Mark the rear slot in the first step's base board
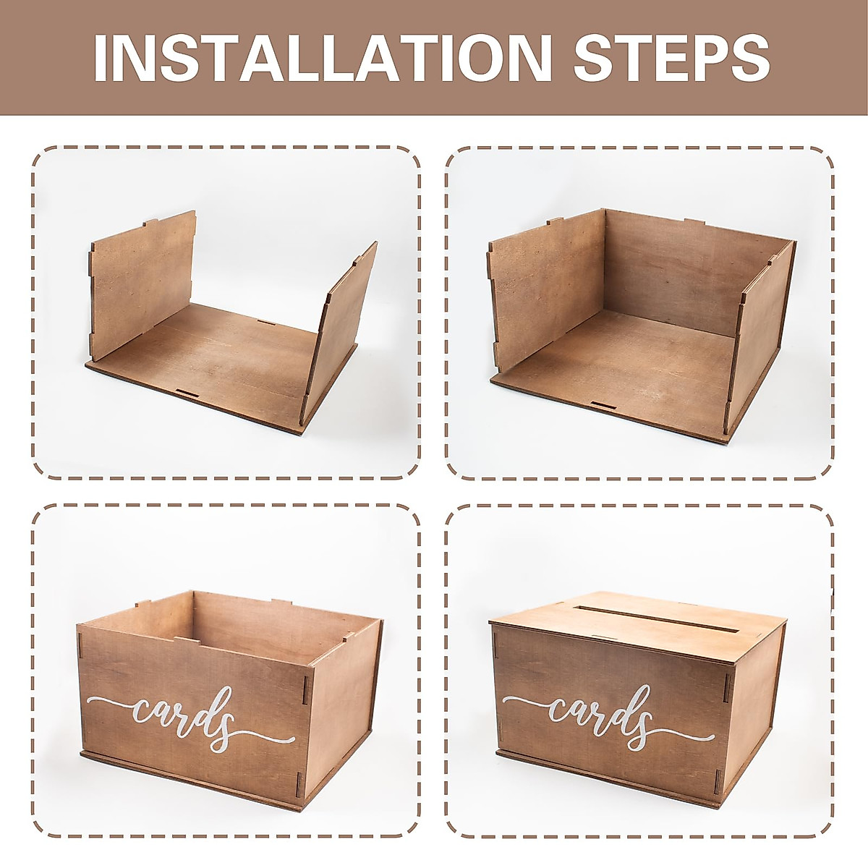click(x=265, y=321)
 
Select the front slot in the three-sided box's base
click(x=602, y=404)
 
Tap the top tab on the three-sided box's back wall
click(x=694, y=222)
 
